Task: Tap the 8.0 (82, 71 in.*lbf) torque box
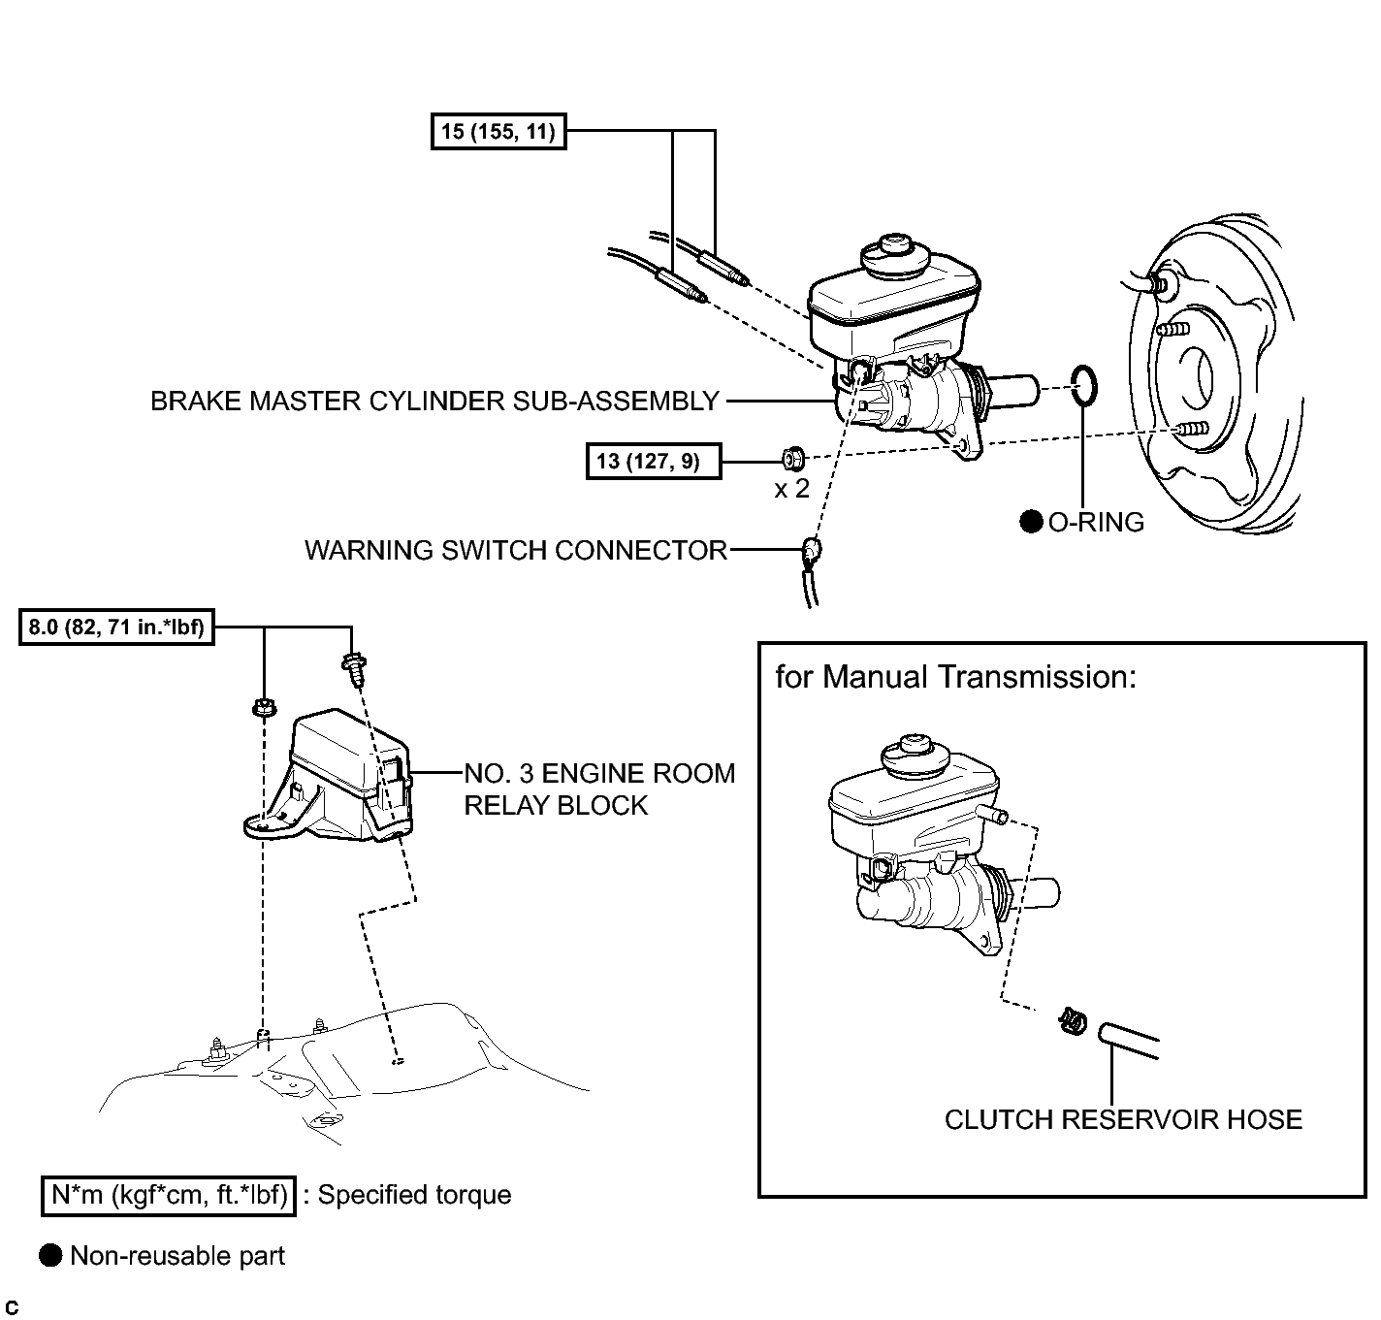pyautogui.click(x=116, y=628)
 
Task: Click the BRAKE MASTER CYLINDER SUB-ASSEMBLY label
pyautogui.click(x=435, y=401)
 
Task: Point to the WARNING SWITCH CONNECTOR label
pyautogui.click(x=516, y=550)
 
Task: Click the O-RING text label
pyautogui.click(x=1097, y=522)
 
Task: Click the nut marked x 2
pyautogui.click(x=793, y=459)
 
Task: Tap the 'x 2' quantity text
pyautogui.click(x=791, y=489)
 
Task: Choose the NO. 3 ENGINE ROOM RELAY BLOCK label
pyautogui.click(x=599, y=789)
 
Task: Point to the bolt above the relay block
pyautogui.click(x=355, y=668)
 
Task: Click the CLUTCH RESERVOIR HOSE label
pyautogui.click(x=1123, y=1120)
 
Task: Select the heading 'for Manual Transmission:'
pyautogui.click(x=955, y=676)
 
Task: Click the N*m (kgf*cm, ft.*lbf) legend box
pyautogui.click(x=169, y=1196)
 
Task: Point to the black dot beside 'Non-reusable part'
pyautogui.click(x=50, y=1255)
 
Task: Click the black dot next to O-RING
pyautogui.click(x=1031, y=522)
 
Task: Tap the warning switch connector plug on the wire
pyautogui.click(x=811, y=550)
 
